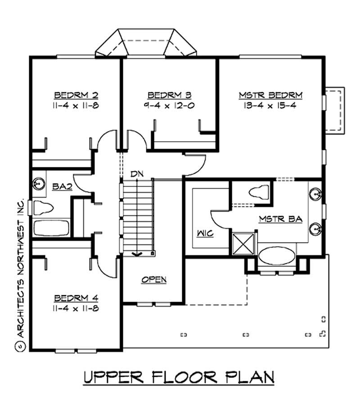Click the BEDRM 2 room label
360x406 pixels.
(76, 95)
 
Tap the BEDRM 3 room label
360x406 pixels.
(170, 95)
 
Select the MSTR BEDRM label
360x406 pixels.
(270, 95)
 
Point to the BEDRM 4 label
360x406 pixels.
(76, 298)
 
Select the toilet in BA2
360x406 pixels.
(41, 208)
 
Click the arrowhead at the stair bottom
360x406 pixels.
(137, 254)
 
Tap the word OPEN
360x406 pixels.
(154, 280)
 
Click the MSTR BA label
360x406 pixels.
(280, 219)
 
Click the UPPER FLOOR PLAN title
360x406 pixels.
(179, 377)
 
